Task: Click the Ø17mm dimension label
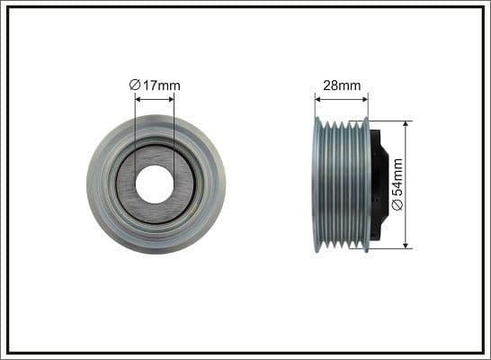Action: tap(155, 85)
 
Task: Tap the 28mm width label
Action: tap(342, 85)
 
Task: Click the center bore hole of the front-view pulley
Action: tap(155, 184)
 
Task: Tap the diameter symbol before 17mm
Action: tap(134, 85)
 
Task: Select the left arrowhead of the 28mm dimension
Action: tap(317, 97)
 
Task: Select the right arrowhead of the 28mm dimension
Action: tap(365, 97)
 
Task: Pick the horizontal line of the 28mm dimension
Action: tap(342, 97)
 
